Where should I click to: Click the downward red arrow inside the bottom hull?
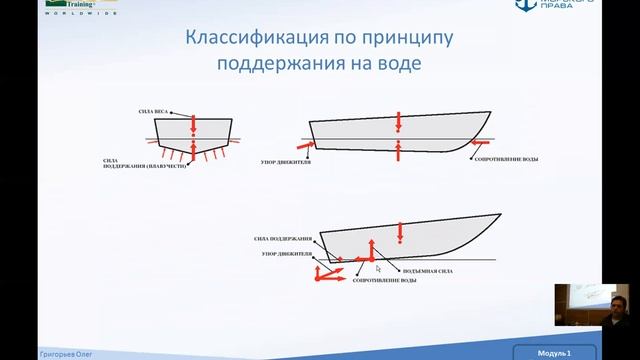point(400,231)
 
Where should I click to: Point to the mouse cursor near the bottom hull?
point(377,268)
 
